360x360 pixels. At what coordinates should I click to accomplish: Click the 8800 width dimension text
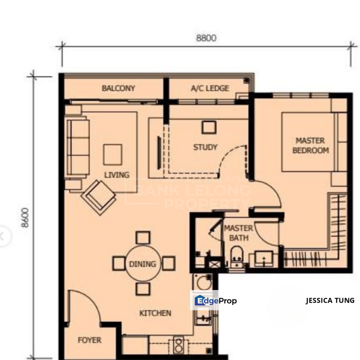point(206,38)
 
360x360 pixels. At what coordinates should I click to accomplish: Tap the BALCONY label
point(118,88)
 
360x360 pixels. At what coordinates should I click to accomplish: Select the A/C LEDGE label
point(210,88)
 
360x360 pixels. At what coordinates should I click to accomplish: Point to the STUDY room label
point(205,147)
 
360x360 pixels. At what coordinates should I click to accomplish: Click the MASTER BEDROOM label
point(310,145)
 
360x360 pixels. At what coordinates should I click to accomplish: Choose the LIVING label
point(116,174)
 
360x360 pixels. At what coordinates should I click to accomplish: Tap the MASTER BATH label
point(238,233)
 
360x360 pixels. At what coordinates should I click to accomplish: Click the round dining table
point(142,263)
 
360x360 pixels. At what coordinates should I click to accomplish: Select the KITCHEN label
point(155,313)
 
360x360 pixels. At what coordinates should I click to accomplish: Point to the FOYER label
point(89,340)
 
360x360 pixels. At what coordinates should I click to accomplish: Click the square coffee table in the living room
point(112,154)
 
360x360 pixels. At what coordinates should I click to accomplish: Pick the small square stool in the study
point(208,127)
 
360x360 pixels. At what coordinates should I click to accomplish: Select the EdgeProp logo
point(215,300)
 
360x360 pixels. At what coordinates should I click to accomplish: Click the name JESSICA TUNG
point(330,300)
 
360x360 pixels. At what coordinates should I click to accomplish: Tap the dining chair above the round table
point(143,237)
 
